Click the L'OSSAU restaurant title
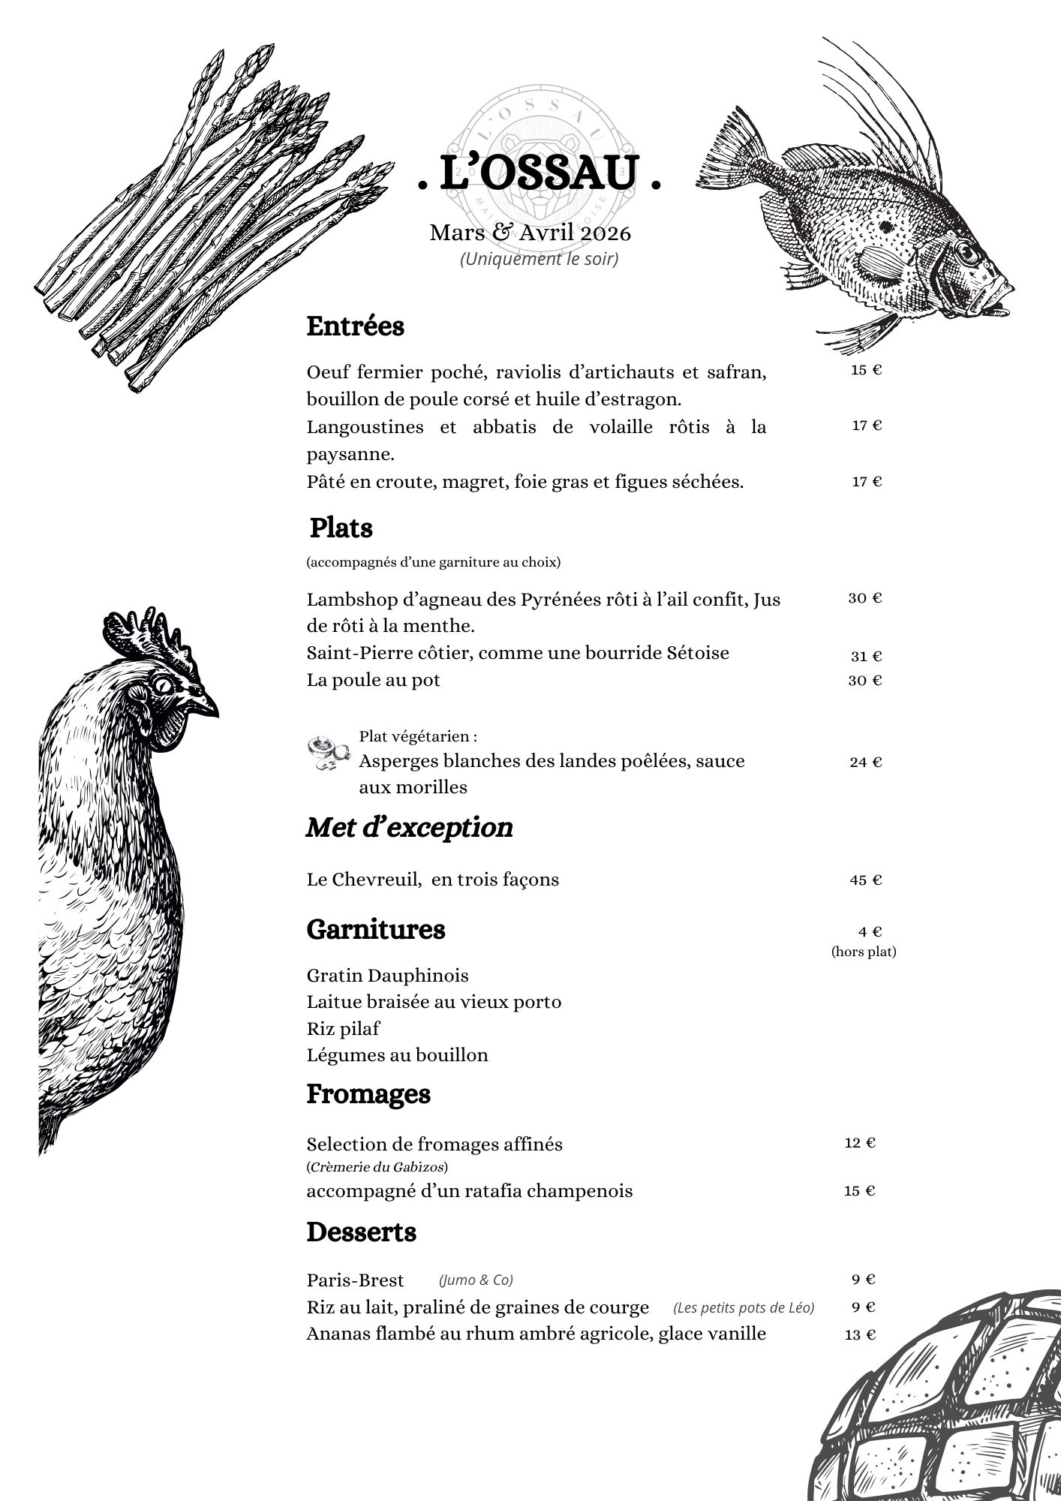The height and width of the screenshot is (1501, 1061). click(539, 173)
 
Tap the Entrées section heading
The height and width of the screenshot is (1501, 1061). click(355, 326)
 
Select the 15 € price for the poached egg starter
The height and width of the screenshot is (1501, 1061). click(866, 370)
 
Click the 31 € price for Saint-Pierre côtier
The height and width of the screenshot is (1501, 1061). click(866, 656)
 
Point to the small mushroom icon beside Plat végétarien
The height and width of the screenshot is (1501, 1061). click(328, 753)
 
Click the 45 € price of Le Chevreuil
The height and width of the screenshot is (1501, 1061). click(866, 880)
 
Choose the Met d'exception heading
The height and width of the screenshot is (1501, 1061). click(409, 827)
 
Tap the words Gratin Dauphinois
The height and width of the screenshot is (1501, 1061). click(387, 976)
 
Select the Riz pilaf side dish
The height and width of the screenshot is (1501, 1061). click(343, 1028)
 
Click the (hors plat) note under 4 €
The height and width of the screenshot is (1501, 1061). click(864, 952)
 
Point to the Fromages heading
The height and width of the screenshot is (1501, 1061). click(368, 1094)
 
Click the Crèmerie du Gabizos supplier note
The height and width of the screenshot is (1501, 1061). click(377, 1167)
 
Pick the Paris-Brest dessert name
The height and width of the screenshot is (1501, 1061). click(355, 1280)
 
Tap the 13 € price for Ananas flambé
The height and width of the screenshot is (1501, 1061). click(860, 1334)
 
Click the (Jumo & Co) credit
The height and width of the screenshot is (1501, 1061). click(476, 1280)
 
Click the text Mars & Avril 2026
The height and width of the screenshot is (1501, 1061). click(530, 233)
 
